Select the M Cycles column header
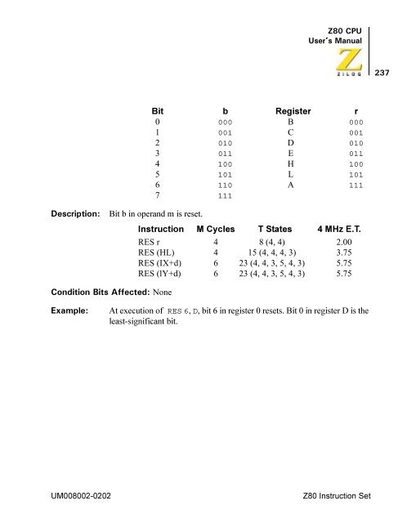tap(215, 230)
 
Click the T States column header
tap(277, 230)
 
